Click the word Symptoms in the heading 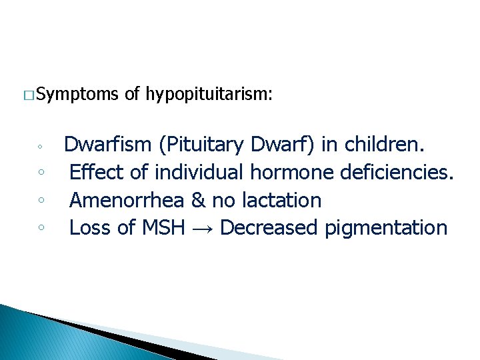click(x=78, y=95)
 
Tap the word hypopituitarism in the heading click(x=208, y=95)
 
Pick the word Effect click(x=97, y=172)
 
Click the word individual click(x=200, y=172)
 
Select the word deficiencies click(x=397, y=172)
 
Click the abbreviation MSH click(x=163, y=228)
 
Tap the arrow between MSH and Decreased click(x=202, y=229)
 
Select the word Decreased click(x=269, y=228)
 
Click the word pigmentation click(x=386, y=228)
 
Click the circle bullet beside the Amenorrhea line click(x=41, y=199)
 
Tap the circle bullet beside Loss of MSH click(x=41, y=227)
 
